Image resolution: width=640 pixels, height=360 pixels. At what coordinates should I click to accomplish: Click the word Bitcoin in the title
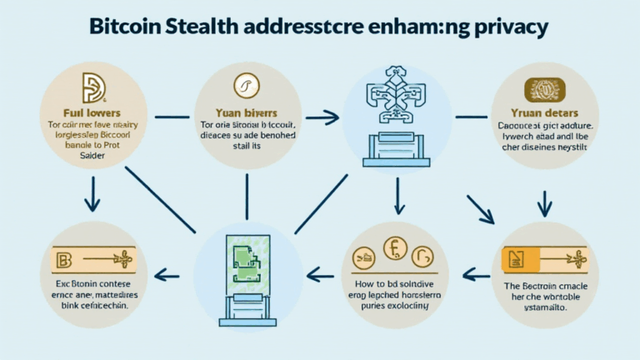(127, 27)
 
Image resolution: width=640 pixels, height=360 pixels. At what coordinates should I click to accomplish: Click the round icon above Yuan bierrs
(247, 85)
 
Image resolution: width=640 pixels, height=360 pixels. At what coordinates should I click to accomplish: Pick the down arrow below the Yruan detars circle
(542, 202)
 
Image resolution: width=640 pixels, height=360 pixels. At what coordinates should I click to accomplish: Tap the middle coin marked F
(394, 249)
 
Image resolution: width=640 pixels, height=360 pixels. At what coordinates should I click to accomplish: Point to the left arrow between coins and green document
(320, 272)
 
